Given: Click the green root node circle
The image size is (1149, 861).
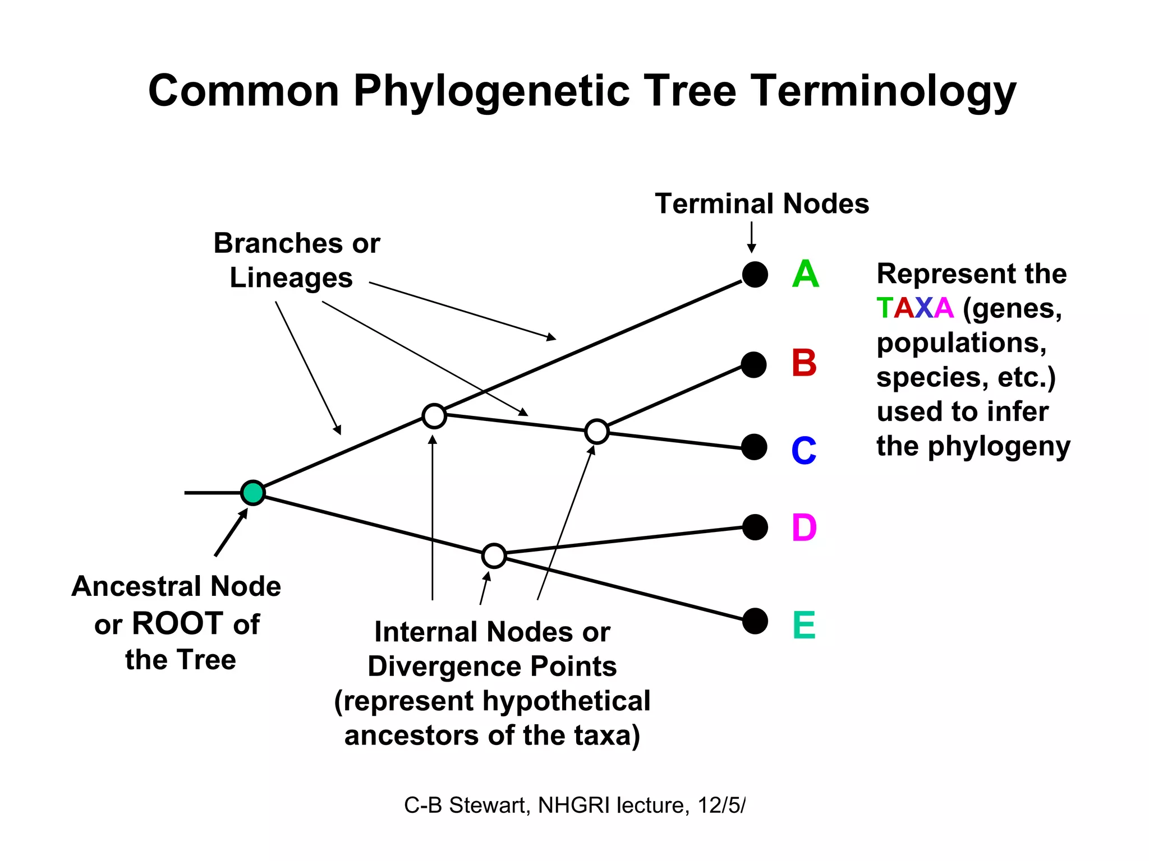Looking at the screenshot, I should click(252, 493).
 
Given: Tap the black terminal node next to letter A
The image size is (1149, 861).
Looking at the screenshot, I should click(755, 275).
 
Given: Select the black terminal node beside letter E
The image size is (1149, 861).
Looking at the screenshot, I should click(755, 621).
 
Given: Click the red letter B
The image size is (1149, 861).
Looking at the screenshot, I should click(803, 363).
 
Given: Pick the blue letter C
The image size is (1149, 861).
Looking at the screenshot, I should click(803, 450).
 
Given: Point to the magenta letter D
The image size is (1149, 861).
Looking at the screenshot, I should click(803, 528).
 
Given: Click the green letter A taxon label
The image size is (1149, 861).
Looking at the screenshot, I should click(805, 275).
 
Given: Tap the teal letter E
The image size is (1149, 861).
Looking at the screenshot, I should click(803, 625).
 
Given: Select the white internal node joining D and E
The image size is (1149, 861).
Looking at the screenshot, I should click(494, 556).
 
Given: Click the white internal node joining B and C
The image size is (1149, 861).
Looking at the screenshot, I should click(596, 432).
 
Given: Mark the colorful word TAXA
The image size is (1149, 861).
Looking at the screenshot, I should click(914, 308).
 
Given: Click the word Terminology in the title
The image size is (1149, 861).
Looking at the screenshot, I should click(884, 91).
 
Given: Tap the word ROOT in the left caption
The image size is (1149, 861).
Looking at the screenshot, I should click(177, 624).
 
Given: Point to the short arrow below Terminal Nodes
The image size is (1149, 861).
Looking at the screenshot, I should click(751, 238).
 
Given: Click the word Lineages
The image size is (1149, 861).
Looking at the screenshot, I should click(291, 278).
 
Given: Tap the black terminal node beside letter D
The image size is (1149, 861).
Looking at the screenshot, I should click(755, 527).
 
